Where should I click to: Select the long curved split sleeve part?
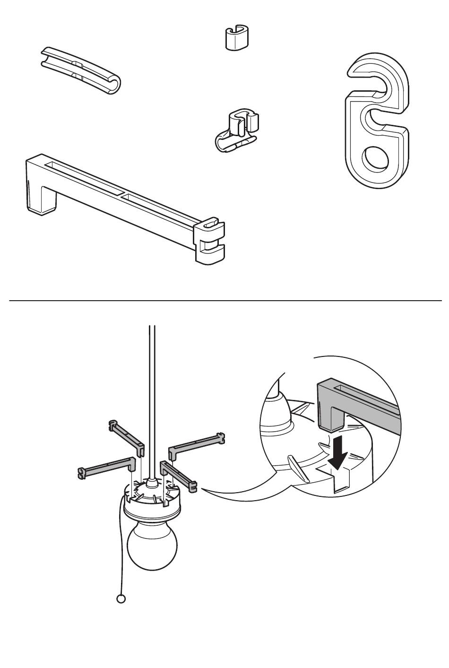click(80, 70)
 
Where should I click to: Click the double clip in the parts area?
click(237, 132)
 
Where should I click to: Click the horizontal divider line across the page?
click(224, 300)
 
